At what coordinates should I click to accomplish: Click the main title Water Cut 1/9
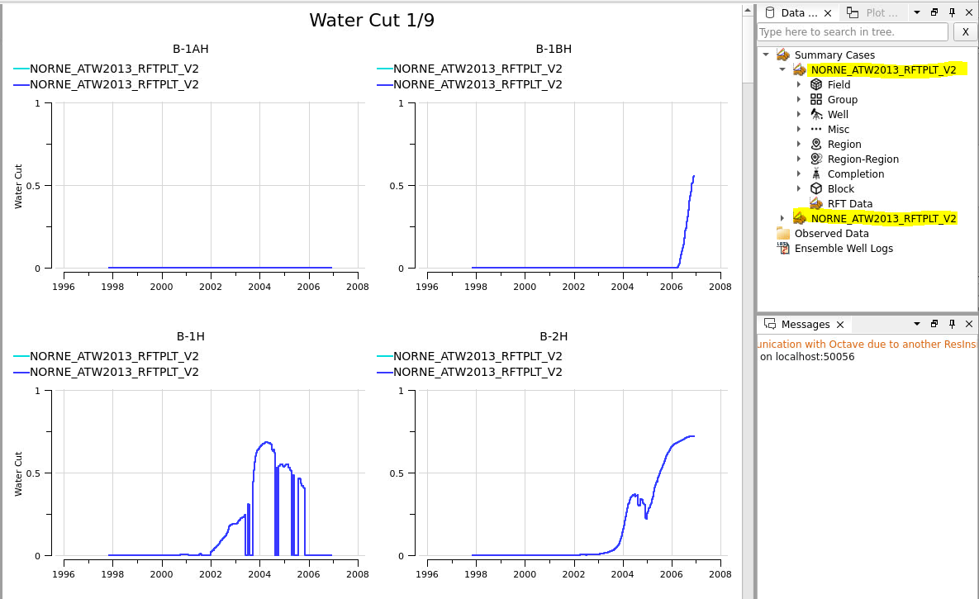point(372,21)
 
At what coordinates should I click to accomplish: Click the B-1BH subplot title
point(554,49)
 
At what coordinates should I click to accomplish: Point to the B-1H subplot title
point(190,336)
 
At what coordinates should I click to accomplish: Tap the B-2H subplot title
point(554,336)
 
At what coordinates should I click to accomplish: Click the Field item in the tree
point(839,85)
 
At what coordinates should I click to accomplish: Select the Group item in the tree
point(842,100)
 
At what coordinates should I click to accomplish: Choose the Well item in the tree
point(838,115)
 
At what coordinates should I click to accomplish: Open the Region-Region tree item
point(863,159)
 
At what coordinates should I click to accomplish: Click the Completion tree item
point(855,174)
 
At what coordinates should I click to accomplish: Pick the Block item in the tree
point(840,189)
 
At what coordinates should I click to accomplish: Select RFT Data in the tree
point(849,204)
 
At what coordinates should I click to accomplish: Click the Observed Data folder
point(831,234)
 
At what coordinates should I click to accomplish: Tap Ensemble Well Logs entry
point(843,249)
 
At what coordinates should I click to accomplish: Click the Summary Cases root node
point(834,55)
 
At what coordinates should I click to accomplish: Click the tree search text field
point(852,32)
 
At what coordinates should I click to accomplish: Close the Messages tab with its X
point(840,325)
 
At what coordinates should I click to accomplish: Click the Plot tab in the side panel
point(874,13)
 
